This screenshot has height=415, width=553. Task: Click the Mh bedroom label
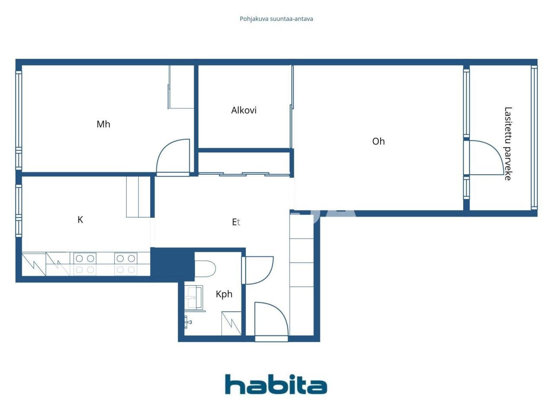click(103, 124)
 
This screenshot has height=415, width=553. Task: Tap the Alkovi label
click(244, 110)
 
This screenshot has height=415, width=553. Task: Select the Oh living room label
click(378, 141)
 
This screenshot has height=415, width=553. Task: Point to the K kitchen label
click(80, 220)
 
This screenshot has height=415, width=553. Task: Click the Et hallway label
click(236, 222)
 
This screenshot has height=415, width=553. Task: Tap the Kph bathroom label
click(224, 294)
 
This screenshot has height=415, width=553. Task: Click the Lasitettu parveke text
click(508, 144)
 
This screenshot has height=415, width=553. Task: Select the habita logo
click(276, 384)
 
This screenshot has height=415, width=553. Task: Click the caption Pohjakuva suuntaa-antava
click(276, 19)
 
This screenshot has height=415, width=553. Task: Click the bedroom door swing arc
click(172, 156)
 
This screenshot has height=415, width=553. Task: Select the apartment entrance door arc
click(271, 319)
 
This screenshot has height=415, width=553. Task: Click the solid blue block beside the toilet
click(173, 264)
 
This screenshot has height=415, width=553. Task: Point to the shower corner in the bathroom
click(231, 323)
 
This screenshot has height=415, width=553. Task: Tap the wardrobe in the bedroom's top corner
click(181, 86)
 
